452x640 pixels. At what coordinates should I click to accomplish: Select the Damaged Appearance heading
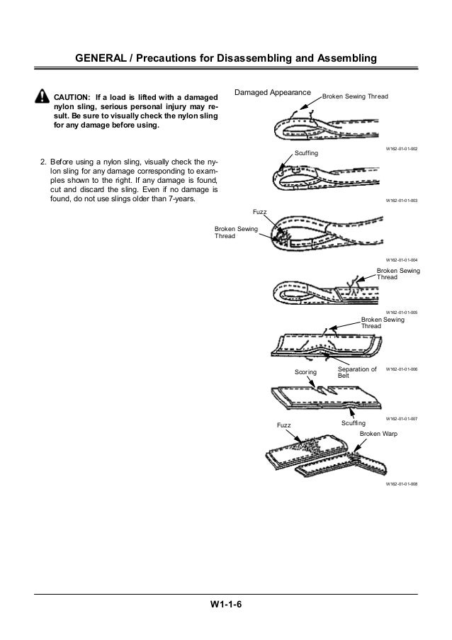pyautogui.click(x=273, y=93)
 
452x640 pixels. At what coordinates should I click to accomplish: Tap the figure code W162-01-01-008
pyautogui.click(x=402, y=484)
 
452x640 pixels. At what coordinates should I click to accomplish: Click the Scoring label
pyautogui.click(x=306, y=371)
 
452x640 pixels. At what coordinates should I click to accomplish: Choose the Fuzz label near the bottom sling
pyautogui.click(x=283, y=425)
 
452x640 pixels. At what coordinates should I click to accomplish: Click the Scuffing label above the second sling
pyautogui.click(x=306, y=153)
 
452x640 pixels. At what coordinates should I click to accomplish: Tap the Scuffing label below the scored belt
pyautogui.click(x=354, y=422)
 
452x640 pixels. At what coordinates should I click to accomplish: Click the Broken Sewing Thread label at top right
pyautogui.click(x=355, y=96)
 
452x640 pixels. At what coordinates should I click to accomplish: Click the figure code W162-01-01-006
pyautogui.click(x=402, y=369)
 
